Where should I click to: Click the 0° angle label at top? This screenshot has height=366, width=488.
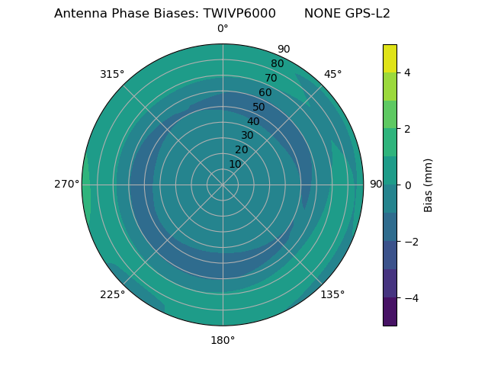223,29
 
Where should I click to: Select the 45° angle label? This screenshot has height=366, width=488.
333,74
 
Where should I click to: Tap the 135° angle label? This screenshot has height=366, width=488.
332,294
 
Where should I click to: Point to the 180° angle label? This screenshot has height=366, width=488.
223,340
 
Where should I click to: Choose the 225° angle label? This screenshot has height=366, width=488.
112,294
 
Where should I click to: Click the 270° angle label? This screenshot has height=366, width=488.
66,184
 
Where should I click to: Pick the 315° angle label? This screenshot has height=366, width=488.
112,74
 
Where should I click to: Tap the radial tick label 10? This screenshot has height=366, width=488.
235,164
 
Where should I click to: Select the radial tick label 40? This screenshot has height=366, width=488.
253,121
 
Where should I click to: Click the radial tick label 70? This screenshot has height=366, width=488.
271,78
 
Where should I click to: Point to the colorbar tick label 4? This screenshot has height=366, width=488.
408,72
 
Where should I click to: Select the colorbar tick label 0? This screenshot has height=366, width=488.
408,185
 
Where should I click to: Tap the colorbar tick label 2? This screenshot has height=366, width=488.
408,129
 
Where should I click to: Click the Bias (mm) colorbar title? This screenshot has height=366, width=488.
429,185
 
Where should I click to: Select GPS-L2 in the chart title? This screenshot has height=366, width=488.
369,14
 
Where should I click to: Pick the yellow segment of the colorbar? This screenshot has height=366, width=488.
390,58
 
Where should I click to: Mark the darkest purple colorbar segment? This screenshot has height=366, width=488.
390,312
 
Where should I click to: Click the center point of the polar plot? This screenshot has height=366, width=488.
223,185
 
